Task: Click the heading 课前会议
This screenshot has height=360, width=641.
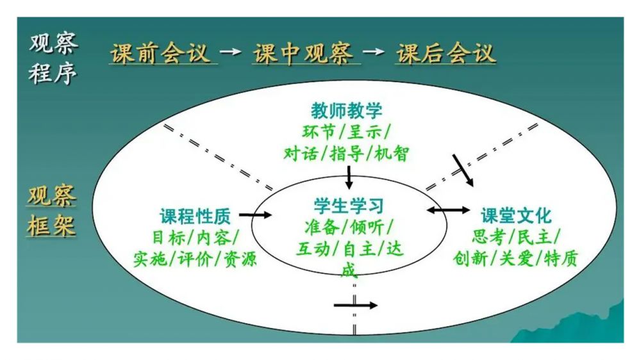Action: [161, 54]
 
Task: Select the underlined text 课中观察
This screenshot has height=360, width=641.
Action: [303, 54]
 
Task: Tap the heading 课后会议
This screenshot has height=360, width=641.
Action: [446, 54]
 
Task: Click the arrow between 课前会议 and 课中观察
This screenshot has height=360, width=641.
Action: [230, 51]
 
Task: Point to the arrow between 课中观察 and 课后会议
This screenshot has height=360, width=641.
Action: [373, 51]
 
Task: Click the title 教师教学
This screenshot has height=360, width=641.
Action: [347, 110]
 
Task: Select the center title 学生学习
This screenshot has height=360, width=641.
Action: [349, 206]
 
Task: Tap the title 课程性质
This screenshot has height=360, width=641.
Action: [195, 216]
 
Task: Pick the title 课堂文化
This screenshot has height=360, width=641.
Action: [516, 215]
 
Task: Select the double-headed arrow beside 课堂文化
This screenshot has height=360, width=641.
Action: [448, 210]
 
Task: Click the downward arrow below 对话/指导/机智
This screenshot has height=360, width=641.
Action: [349, 177]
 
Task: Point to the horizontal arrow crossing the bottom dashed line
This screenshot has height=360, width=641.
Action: [356, 306]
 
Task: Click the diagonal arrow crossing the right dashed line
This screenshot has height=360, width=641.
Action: [463, 170]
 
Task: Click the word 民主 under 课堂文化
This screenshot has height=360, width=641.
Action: [535, 236]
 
